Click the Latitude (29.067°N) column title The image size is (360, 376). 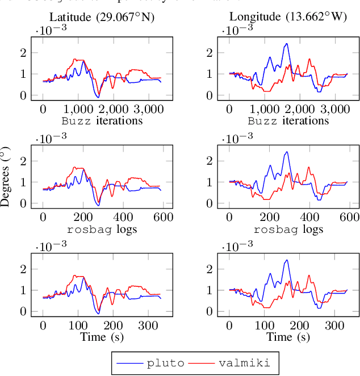(102, 18)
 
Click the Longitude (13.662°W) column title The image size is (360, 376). (288, 18)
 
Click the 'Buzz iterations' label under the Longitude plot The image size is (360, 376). (288, 120)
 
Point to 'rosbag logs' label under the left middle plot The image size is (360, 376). (102, 229)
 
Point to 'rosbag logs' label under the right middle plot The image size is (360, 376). (288, 229)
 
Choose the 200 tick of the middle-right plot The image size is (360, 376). (269, 217)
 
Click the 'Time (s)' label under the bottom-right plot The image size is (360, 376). (288, 337)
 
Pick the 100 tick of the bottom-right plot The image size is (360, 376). (264, 325)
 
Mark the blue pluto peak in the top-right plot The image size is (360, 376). (287, 44)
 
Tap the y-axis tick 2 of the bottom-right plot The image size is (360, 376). (212, 269)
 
